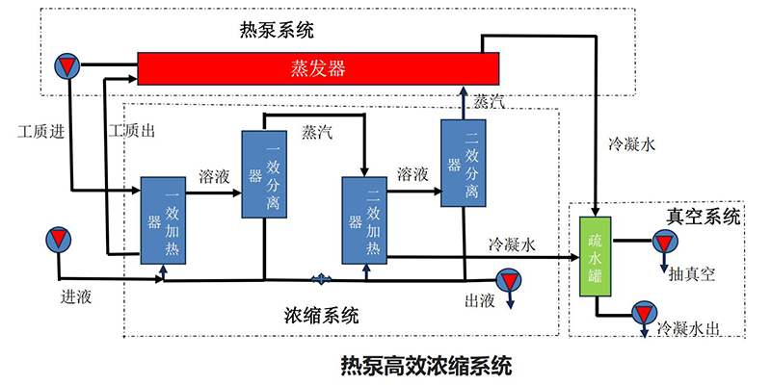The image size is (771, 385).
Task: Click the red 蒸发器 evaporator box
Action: coord(318,68)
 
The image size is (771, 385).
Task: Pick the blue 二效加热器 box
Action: coord(364,219)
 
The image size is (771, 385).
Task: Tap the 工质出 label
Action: coord(132,131)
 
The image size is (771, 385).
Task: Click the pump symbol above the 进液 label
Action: coord(58,238)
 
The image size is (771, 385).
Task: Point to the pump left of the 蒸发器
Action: coord(67,64)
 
